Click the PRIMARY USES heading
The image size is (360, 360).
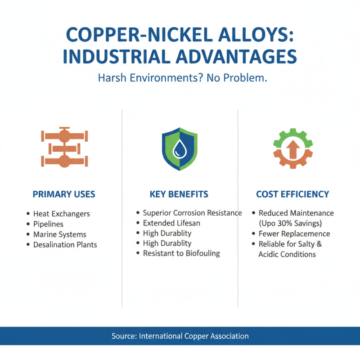coord(64,194)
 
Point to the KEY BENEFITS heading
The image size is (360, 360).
coord(179,194)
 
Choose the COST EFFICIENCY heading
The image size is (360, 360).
coord(292,194)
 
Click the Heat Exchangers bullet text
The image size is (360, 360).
coord(61,214)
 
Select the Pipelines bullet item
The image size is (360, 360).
coord(48,224)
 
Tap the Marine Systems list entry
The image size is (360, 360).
coord(59,234)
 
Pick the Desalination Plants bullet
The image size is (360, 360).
coord(65,245)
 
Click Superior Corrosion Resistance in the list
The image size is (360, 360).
coord(192,213)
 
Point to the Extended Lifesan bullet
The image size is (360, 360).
coord(171,223)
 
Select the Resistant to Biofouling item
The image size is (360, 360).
coord(181,253)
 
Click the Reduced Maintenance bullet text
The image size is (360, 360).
coord(296,213)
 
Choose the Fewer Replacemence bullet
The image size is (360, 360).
coord(294,234)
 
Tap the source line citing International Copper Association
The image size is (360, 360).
coord(180,336)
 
